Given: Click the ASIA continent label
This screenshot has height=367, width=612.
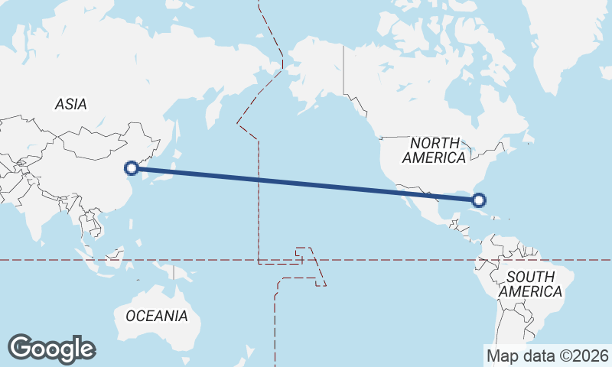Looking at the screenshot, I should click(70, 104).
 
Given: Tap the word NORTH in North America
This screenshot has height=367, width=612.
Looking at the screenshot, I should click(435, 143).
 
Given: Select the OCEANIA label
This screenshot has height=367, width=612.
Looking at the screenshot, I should click(156, 316).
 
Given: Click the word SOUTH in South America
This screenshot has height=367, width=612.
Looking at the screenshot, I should click(530, 277).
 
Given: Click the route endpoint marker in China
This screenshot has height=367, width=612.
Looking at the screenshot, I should click(132, 167).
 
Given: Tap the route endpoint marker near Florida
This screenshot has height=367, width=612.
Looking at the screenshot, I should click(479, 200).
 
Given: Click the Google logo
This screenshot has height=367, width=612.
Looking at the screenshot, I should click(51, 349).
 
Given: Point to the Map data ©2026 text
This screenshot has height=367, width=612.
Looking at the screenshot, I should click(547, 356).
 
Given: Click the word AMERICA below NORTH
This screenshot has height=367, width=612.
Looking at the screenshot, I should click(434, 158).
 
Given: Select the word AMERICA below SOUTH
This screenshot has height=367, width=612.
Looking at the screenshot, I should click(530, 291).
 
